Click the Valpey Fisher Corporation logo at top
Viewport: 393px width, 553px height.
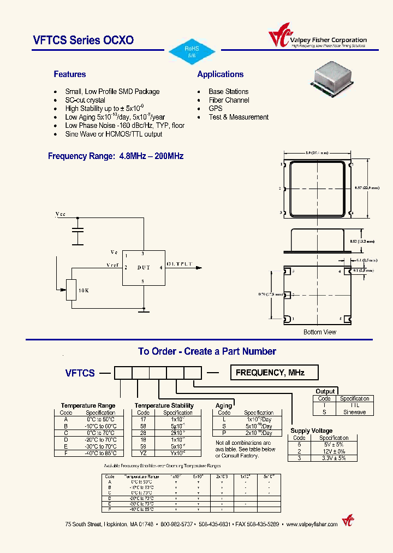(x=317, y=39)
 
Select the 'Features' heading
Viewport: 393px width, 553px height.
(x=69, y=74)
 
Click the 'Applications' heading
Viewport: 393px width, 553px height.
(x=221, y=74)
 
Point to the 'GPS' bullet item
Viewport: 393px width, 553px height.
(x=216, y=109)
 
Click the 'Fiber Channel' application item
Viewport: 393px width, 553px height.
(x=229, y=100)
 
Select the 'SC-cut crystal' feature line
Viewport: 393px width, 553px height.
(x=85, y=101)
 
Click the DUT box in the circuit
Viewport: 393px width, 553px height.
(x=143, y=268)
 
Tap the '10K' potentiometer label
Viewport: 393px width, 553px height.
(x=84, y=291)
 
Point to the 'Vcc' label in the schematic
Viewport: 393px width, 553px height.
(x=61, y=215)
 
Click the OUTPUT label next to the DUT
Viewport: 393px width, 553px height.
(x=180, y=264)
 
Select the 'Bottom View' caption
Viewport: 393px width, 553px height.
(x=320, y=332)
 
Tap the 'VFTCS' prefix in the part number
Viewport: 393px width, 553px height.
(x=80, y=373)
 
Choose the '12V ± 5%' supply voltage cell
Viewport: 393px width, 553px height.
(x=334, y=451)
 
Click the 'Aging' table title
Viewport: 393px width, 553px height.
(x=224, y=405)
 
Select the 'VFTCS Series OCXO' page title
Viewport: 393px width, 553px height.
(x=83, y=40)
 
